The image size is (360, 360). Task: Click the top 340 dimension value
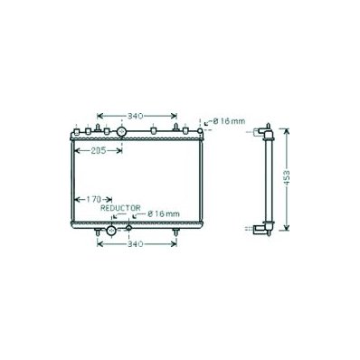(135, 116)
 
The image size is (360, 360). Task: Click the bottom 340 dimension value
(135, 244)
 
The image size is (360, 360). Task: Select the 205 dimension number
(99, 150)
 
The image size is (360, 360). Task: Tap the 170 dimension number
(93, 199)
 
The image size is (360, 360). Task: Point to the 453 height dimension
(287, 178)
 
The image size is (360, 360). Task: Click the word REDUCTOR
(120, 208)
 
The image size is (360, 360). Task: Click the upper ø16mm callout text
(229, 121)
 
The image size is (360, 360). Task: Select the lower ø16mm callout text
(164, 214)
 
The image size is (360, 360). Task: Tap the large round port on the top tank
(121, 132)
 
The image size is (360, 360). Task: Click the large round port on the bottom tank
(111, 231)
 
